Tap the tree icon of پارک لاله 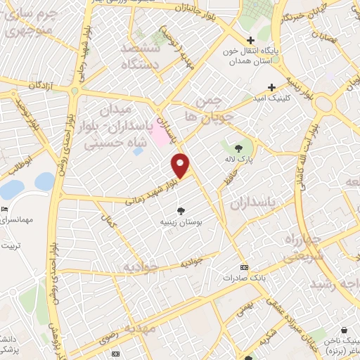pyautogui.click(x=238, y=148)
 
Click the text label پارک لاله pyautogui.click(x=239, y=162)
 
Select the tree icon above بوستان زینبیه pyautogui.click(x=181, y=210)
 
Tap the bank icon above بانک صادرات pyautogui.click(x=244, y=267)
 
